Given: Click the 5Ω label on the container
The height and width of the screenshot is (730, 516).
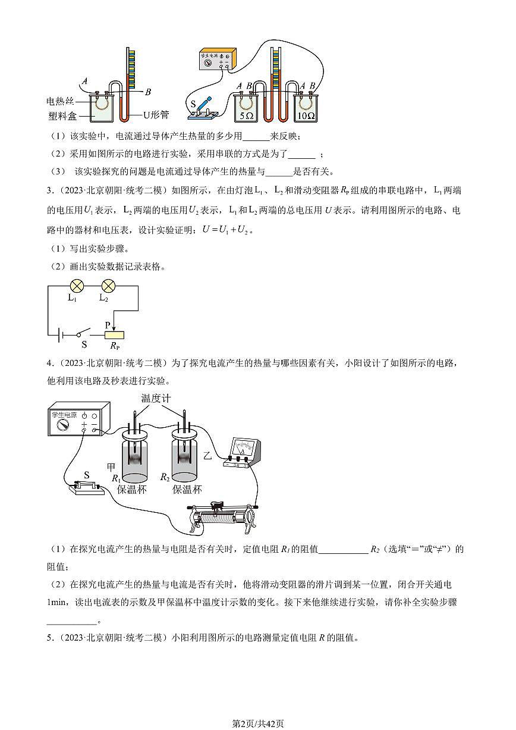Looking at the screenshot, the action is pyautogui.click(x=247, y=117).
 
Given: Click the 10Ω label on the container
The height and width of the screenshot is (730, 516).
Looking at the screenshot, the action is pyautogui.click(x=306, y=117).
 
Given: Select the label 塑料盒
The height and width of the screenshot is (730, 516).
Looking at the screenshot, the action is pyautogui.click(x=61, y=115).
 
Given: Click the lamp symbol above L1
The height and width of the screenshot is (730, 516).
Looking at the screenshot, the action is pyautogui.click(x=77, y=285).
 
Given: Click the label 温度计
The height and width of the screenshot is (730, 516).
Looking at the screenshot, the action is pyautogui.click(x=156, y=398).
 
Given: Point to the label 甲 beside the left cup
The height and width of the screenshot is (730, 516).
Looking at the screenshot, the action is pyautogui.click(x=111, y=466).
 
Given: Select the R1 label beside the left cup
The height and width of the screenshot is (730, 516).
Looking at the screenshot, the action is pyautogui.click(x=116, y=477).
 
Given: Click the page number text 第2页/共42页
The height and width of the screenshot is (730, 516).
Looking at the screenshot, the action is pyautogui.click(x=257, y=723).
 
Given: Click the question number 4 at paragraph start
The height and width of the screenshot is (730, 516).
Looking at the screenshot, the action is pyautogui.click(x=49, y=363).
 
